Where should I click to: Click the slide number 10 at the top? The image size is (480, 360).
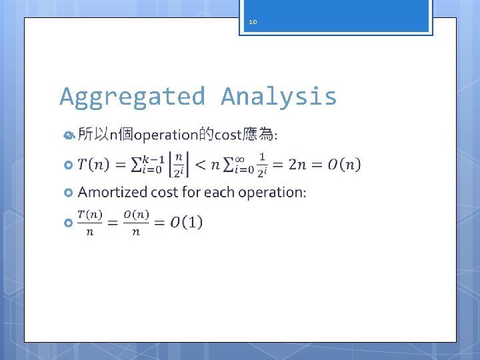click(x=253, y=22)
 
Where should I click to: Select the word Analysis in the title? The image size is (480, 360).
click(x=279, y=97)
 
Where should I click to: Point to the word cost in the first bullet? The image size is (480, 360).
click(x=227, y=135)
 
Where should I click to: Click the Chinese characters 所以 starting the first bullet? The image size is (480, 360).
click(x=93, y=135)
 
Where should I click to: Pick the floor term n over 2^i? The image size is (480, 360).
click(x=179, y=164)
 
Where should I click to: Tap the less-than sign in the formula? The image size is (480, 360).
click(x=200, y=164)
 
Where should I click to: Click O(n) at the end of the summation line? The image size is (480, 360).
click(x=344, y=164)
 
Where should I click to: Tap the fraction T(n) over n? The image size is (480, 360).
click(x=91, y=222)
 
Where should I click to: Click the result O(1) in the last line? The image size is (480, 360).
click(x=187, y=222)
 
